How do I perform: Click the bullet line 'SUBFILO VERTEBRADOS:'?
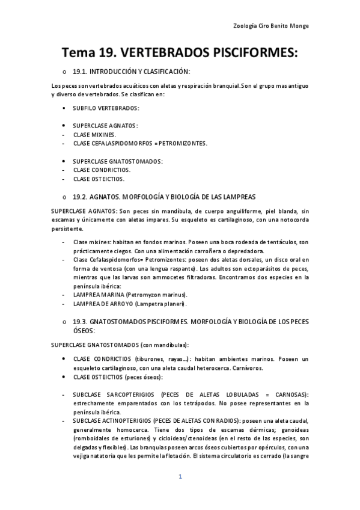tap(106, 108)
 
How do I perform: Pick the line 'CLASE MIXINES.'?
tap(94, 135)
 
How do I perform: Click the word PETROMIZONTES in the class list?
tap(183, 143)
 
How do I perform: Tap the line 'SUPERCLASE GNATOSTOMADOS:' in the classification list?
tap(118, 161)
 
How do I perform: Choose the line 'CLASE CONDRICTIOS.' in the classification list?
tap(102, 170)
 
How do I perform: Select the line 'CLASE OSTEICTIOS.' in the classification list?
tap(99, 179)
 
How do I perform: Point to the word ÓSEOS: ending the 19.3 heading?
tap(84, 331)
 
